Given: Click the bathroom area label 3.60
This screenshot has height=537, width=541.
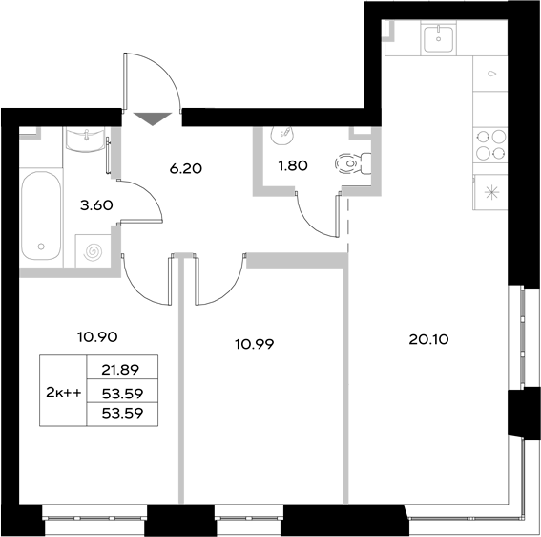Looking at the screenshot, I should pyautogui.click(x=96, y=203).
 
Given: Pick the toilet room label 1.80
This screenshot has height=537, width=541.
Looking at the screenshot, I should pyautogui.click(x=292, y=166).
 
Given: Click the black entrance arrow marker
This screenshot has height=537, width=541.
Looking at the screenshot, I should pyautogui.click(x=152, y=118).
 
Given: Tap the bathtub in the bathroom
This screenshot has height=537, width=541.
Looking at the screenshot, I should pyautogui.click(x=40, y=218).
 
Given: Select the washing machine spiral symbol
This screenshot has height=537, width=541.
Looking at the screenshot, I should pyautogui.click(x=94, y=253).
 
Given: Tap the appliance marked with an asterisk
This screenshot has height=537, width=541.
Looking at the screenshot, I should pyautogui.click(x=491, y=192).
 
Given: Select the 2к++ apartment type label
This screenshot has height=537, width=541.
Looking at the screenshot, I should pyautogui.click(x=63, y=391).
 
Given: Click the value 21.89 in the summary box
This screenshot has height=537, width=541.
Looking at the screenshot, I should pyautogui.click(x=120, y=370).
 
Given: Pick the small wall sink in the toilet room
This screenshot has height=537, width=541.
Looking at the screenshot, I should pyautogui.click(x=282, y=133).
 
